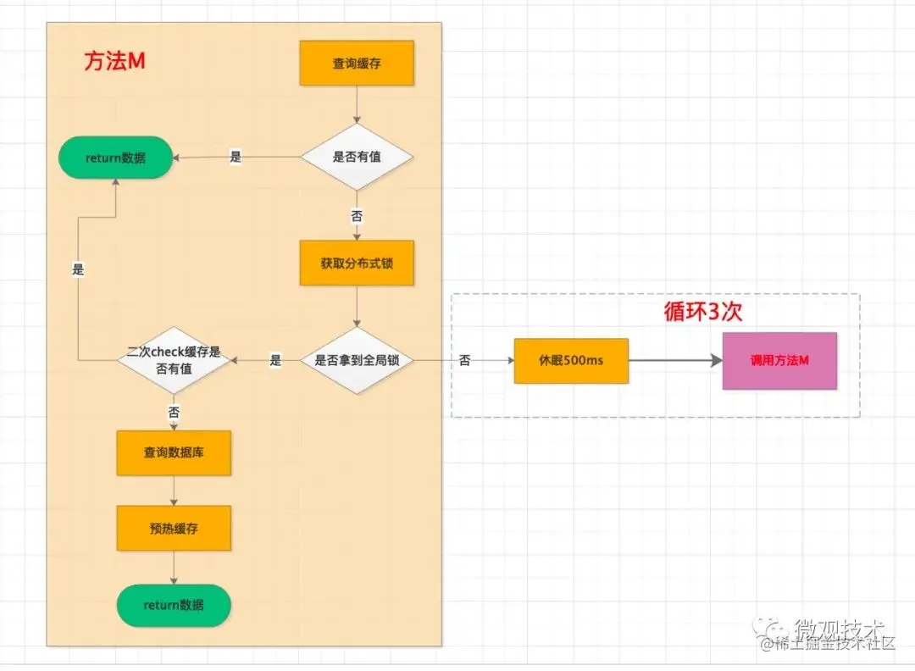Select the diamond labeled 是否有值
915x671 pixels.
[x=357, y=157]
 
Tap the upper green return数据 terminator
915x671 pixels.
[x=115, y=158]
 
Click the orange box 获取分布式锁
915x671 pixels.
[x=357, y=263]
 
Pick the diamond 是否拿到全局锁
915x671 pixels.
[x=357, y=360]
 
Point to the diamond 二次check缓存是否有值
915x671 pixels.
[x=174, y=360]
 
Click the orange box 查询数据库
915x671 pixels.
[x=174, y=452]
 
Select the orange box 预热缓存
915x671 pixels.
[x=174, y=529]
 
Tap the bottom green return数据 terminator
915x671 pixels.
[x=174, y=605]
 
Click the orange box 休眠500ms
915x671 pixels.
[x=571, y=360]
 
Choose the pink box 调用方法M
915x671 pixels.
[x=779, y=360]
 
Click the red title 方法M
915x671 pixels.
[x=115, y=62]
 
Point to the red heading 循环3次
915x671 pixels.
[x=702, y=311]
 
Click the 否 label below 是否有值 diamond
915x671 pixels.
[x=357, y=216]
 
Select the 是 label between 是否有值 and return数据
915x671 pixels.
[x=236, y=157]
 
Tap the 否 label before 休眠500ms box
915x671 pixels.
[x=465, y=360]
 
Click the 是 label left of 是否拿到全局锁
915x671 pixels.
[x=275, y=360]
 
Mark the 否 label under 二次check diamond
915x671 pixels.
[x=174, y=411]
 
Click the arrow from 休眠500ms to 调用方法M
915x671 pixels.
[x=674, y=360]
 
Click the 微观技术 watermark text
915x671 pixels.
[x=839, y=628]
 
